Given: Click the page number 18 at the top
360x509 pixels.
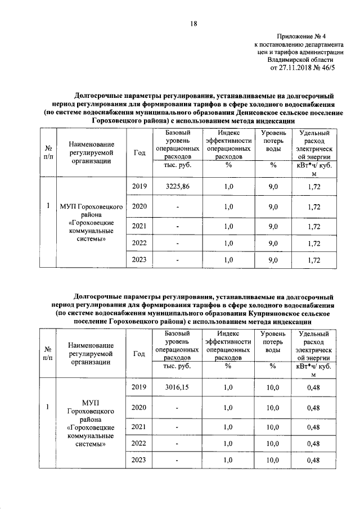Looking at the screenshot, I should coord(193,23).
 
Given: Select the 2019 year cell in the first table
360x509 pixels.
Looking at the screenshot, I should coord(139,186).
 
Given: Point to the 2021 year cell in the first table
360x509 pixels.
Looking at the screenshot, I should coord(139,226).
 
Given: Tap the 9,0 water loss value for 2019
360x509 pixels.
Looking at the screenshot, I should coord(273,186).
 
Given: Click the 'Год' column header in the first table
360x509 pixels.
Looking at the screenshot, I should coord(139,152).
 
